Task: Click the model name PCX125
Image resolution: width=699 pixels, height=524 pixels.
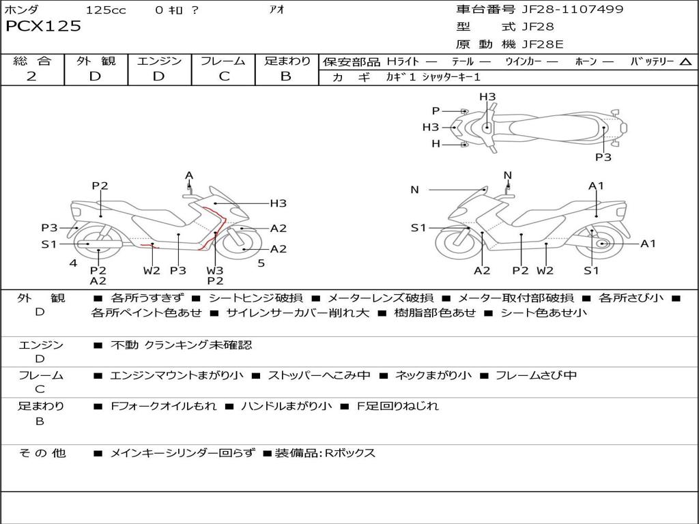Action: (x=43, y=27)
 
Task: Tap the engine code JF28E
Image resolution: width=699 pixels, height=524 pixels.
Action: (x=542, y=45)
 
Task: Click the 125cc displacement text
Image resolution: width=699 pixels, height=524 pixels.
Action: (x=106, y=10)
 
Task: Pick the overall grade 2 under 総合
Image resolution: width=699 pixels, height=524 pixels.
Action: (x=31, y=76)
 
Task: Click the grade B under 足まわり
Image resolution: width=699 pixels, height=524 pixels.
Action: (x=286, y=76)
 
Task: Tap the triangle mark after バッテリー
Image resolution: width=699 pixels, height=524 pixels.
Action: (x=685, y=61)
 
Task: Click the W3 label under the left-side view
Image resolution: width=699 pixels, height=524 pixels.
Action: (x=215, y=270)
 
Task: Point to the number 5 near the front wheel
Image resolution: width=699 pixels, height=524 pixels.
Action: (x=261, y=263)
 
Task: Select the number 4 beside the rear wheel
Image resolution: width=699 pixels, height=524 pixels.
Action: (x=73, y=263)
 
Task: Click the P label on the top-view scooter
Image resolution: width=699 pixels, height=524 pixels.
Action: (x=436, y=111)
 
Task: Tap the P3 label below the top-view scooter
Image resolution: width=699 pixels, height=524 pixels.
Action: (x=603, y=157)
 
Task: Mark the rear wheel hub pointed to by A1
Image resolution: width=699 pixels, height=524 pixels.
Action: (x=602, y=244)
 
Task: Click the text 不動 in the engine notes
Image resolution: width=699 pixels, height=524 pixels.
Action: (x=125, y=345)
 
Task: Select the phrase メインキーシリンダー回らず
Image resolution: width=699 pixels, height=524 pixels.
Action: (x=182, y=453)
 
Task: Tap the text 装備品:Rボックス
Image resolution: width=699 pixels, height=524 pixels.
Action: (x=324, y=453)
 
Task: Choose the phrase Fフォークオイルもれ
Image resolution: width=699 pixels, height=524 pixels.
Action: (x=163, y=406)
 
